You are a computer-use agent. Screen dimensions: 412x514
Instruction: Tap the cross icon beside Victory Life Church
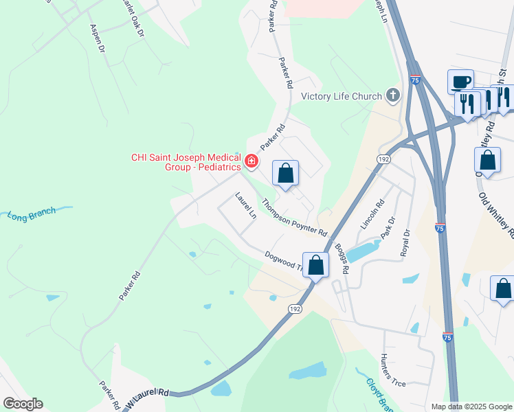[393, 95]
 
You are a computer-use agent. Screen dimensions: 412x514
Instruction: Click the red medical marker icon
[252, 162]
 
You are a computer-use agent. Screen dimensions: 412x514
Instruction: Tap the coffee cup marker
[460, 81]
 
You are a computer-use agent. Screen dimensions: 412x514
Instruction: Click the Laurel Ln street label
[245, 205]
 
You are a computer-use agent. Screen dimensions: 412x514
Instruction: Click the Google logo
[23, 404]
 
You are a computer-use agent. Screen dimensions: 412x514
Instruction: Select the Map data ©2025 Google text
[471, 407]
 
